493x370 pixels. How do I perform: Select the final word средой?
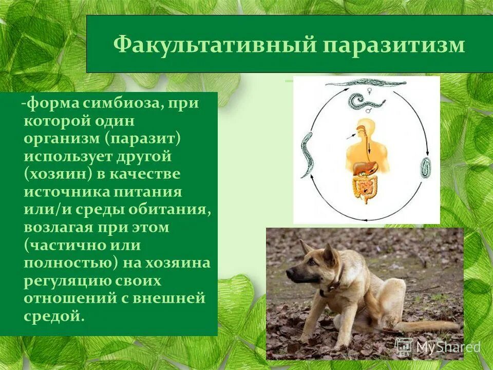click(54, 316)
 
